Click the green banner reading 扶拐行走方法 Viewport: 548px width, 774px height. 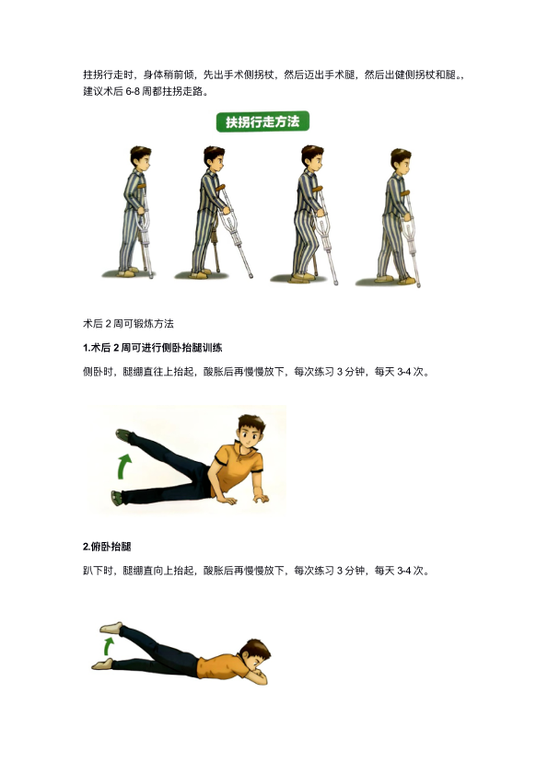tap(262, 121)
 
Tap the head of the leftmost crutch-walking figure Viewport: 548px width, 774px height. tap(140, 158)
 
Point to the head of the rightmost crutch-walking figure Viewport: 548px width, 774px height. tap(401, 160)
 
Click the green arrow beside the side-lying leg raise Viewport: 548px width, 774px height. tap(124, 467)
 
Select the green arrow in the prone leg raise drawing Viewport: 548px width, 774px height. tap(109, 646)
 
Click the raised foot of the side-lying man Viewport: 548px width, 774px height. tap(123, 436)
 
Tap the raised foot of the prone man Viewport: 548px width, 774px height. tap(111, 628)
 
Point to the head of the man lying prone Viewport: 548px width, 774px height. tap(256, 655)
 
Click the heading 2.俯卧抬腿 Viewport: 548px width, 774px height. tap(107, 547)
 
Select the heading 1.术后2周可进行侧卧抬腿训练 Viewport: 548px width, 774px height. tap(152, 348)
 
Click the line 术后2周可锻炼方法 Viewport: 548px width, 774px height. tap(128, 324)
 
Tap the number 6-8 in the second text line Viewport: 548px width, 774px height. tap(133, 91)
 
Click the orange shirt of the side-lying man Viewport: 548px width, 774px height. tap(236, 468)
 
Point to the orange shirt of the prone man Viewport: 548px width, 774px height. tap(221, 666)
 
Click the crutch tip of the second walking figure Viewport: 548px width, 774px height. tap(251, 275)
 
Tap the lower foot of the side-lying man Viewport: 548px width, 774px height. tap(117, 498)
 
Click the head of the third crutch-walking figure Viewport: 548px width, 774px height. tap(312, 158)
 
